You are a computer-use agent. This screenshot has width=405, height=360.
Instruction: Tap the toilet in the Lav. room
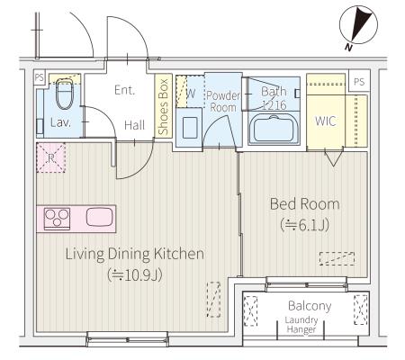(65, 94)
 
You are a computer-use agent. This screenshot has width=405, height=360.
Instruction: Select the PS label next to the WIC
(359, 81)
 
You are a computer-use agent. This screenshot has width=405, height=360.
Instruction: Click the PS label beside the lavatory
(40, 77)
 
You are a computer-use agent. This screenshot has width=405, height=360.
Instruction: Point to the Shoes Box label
(163, 106)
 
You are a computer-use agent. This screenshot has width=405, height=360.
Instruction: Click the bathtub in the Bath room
(274, 129)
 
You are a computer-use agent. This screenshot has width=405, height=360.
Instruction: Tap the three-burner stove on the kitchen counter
(57, 219)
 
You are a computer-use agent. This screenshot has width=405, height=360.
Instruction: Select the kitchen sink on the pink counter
(100, 217)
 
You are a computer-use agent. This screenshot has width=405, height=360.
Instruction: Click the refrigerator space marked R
(51, 157)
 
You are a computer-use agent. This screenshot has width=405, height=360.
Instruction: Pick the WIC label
(326, 121)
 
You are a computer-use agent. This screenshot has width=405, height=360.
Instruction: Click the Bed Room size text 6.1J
(305, 225)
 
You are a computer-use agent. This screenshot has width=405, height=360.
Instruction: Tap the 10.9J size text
(135, 274)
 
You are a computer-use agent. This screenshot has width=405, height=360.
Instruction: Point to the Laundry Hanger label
(301, 325)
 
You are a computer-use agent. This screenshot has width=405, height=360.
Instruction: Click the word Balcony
(310, 306)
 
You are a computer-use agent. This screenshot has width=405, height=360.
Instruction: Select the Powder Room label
(223, 102)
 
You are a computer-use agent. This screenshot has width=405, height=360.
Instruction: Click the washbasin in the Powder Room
(190, 128)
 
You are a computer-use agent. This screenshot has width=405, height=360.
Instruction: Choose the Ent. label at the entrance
(124, 90)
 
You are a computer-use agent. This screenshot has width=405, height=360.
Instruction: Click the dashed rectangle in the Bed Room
(337, 258)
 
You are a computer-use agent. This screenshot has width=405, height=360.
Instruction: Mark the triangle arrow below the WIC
(333, 158)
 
